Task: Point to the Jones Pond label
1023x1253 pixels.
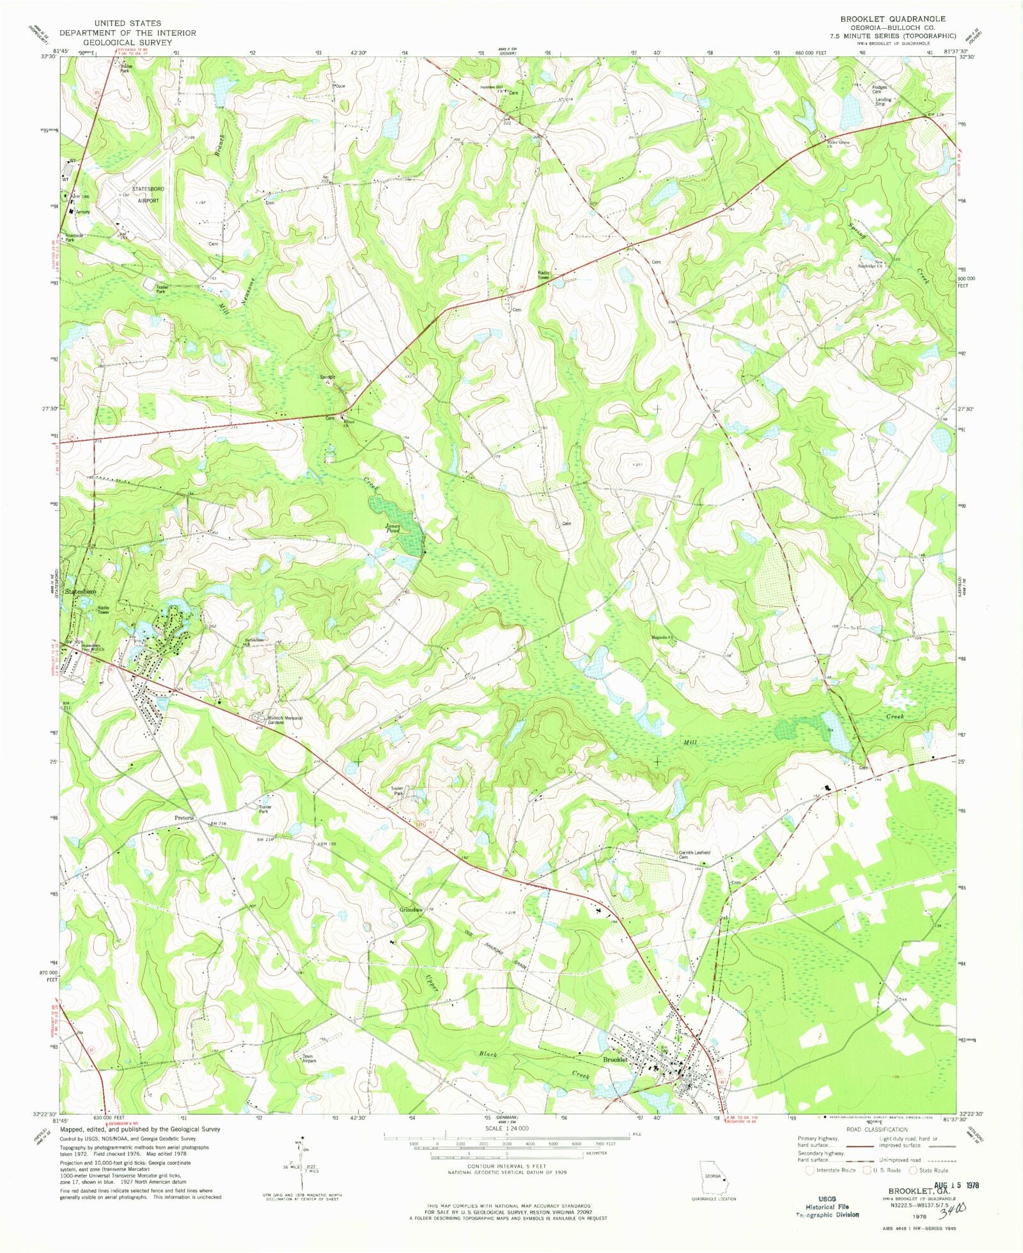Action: (x=393, y=528)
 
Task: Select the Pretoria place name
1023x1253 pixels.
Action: (x=184, y=817)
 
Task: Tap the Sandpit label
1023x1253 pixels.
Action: (x=327, y=377)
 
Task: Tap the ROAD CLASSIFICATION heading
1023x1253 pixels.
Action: (x=877, y=1130)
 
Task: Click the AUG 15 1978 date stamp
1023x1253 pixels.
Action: (x=957, y=1185)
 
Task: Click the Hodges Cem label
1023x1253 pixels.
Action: (x=880, y=90)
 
